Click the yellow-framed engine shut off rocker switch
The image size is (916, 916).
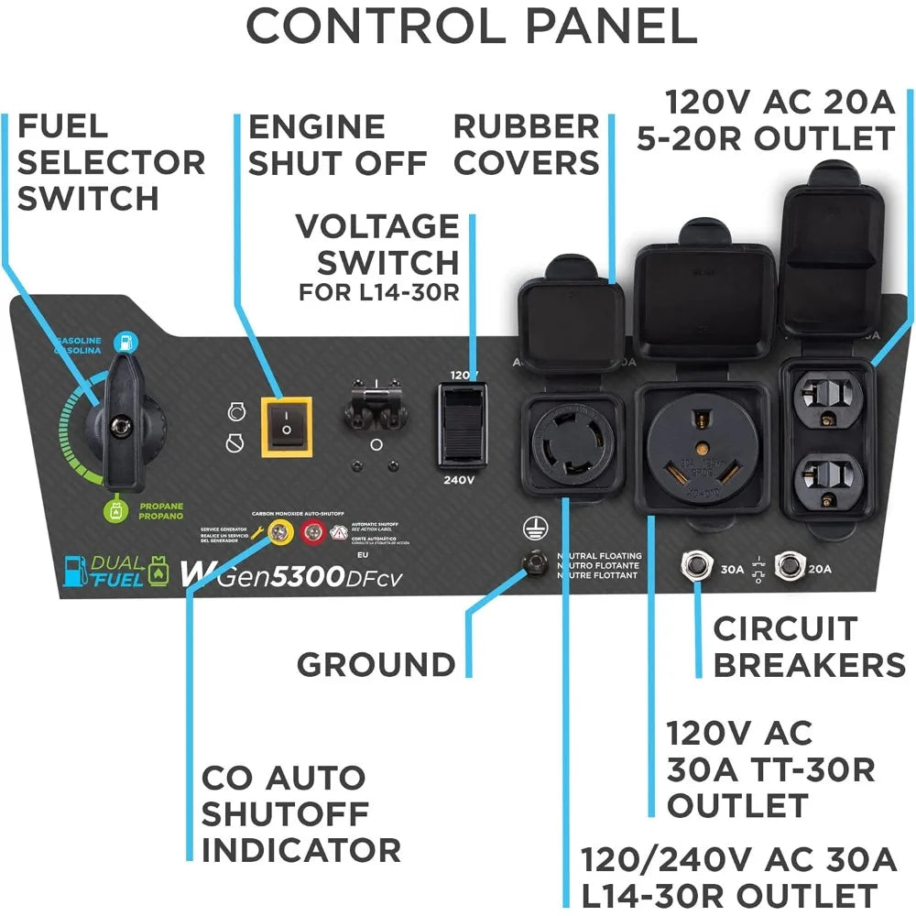pyautogui.click(x=286, y=427)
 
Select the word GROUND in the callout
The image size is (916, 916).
pyautogui.click(x=376, y=663)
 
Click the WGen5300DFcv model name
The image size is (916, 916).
pyautogui.click(x=293, y=574)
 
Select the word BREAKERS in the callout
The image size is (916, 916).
pyautogui.click(x=809, y=665)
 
